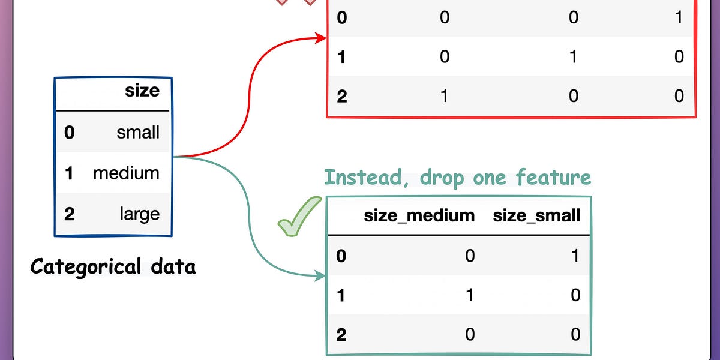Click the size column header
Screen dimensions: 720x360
tap(142, 91)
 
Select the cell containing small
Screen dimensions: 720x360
tap(138, 132)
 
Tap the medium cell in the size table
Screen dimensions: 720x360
tap(126, 173)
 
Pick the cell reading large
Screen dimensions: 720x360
tap(139, 214)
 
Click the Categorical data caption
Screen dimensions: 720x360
tap(113, 266)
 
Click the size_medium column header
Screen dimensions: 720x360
tap(419, 215)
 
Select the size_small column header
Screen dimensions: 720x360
tap(536, 215)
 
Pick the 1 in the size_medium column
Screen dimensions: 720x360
tap(470, 295)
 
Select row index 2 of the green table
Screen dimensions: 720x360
tap(341, 334)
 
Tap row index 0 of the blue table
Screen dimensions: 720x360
tap(70, 132)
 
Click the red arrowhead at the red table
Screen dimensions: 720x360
tap(322, 39)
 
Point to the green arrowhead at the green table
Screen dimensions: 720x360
tap(322, 277)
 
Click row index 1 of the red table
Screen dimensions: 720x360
tap(342, 57)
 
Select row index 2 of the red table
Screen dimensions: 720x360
tap(342, 95)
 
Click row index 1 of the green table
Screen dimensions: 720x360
tap(341, 295)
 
